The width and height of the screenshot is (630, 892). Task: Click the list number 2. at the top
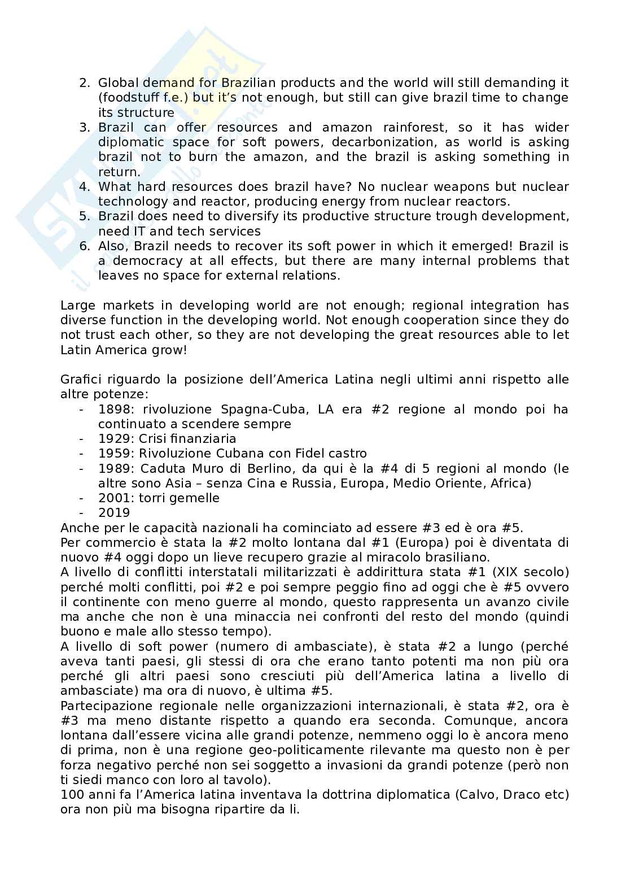pos(84,83)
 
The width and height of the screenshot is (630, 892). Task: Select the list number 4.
pos(84,186)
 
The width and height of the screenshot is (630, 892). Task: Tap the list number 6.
pos(84,246)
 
